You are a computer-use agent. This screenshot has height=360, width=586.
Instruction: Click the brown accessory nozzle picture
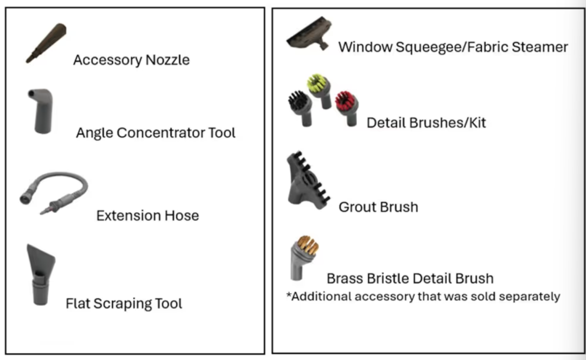pyautogui.click(x=47, y=43)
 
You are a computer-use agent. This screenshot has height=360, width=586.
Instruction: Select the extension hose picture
pyautogui.click(x=55, y=193)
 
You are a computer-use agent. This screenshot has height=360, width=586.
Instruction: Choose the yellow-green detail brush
pyautogui.click(x=319, y=90)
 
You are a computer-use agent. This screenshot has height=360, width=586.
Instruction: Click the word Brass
pyautogui.click(x=346, y=279)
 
